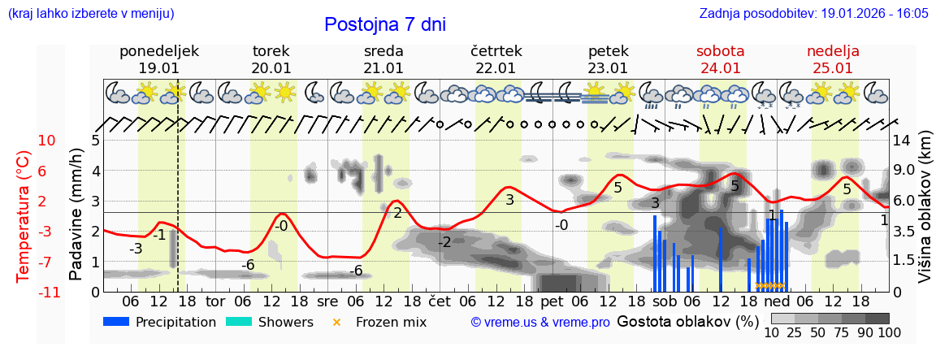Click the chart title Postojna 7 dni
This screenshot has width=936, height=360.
pyautogui.click(x=385, y=24)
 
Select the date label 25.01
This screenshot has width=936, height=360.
pyautogui.click(x=833, y=68)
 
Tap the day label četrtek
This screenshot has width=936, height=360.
pyautogui.click(x=496, y=51)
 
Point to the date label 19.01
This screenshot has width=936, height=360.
pyautogui.click(x=158, y=68)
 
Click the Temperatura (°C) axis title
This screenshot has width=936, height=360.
pyautogui.click(x=24, y=216)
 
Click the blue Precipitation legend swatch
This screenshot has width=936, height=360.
pyautogui.click(x=117, y=322)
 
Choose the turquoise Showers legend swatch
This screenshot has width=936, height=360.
pyautogui.click(x=239, y=322)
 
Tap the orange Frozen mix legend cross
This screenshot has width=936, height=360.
pyautogui.click(x=337, y=322)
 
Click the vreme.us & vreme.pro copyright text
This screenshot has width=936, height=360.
pyautogui.click(x=539, y=323)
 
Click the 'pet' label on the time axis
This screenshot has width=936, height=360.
pyautogui.click(x=552, y=301)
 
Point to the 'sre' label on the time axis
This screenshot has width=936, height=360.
pyautogui.click(x=327, y=301)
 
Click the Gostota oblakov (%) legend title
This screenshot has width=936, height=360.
pyautogui.click(x=687, y=321)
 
